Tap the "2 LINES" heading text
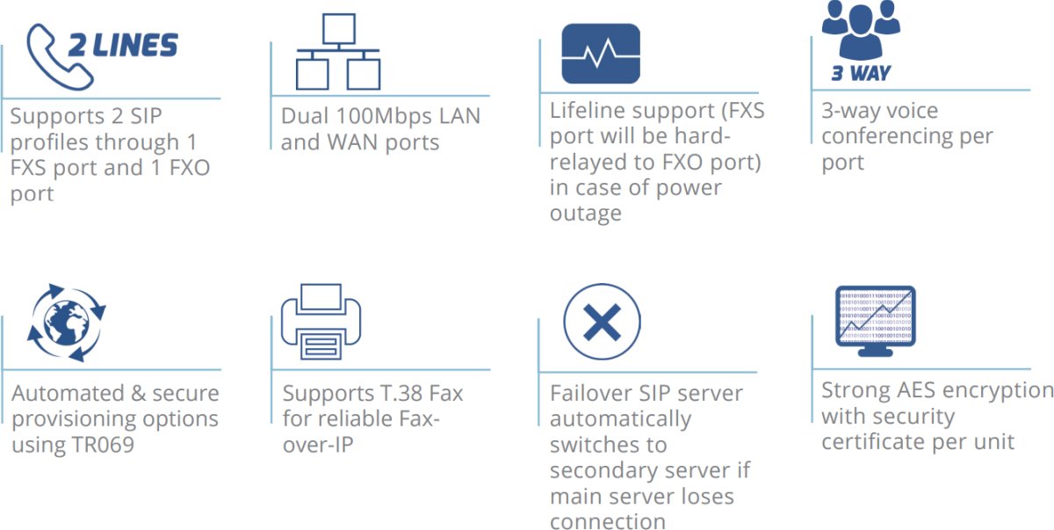pyautogui.click(x=123, y=45)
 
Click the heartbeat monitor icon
pyautogui.click(x=601, y=54)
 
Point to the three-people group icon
pyautogui.click(x=861, y=28)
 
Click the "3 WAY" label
pyautogui.click(x=861, y=74)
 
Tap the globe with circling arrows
pyautogui.click(x=66, y=322)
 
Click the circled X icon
pyautogui.click(x=602, y=323)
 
